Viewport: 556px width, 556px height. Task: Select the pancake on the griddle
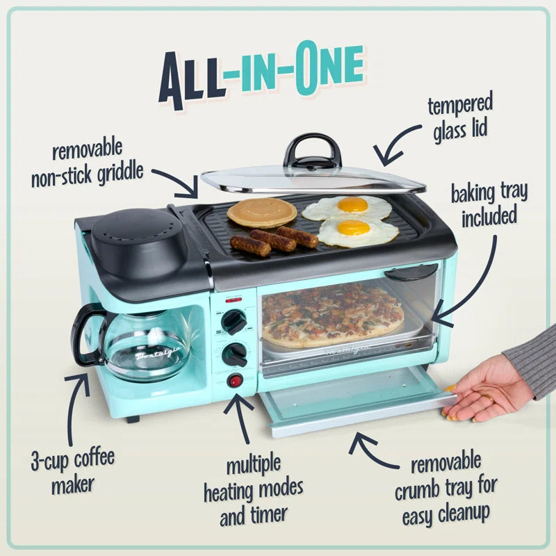(262, 212)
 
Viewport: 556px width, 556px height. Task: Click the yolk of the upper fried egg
(352, 204)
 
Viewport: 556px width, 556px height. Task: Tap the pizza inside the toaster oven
(332, 314)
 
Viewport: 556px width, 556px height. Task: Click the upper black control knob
(234, 322)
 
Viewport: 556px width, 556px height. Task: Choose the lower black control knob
(234, 354)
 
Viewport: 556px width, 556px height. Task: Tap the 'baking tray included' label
(489, 204)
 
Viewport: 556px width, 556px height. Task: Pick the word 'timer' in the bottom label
(266, 516)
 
